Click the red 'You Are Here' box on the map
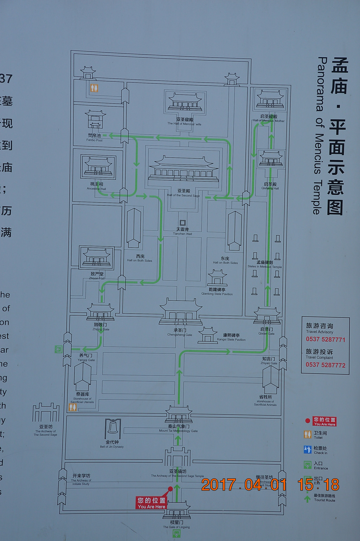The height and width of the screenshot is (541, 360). click(152, 503)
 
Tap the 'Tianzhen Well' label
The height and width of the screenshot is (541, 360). click(182, 232)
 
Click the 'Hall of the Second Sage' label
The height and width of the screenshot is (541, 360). click(183, 193)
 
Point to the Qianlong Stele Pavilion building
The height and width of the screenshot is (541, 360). click(217, 278)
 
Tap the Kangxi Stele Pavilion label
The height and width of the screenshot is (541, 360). click(231, 338)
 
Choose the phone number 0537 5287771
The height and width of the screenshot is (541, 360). click(325, 339)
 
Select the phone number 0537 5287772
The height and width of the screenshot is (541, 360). click(325, 365)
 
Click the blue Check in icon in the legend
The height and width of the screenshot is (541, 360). click(308, 449)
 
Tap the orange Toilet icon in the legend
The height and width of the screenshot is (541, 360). click(308, 434)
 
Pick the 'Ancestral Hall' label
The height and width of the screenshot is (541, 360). click(96, 187)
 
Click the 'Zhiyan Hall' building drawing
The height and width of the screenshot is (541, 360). click(96, 258)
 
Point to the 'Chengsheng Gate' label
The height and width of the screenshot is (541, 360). click(180, 333)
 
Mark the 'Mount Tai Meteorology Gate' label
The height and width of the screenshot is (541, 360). click(178, 429)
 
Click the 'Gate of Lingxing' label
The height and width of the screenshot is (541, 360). click(176, 525)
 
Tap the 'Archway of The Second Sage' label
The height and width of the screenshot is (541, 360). click(46, 431)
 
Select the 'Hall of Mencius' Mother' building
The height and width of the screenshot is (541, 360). click(270, 99)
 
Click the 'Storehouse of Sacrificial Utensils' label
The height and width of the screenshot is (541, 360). click(82, 398)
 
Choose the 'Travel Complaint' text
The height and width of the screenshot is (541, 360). click(319, 354)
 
